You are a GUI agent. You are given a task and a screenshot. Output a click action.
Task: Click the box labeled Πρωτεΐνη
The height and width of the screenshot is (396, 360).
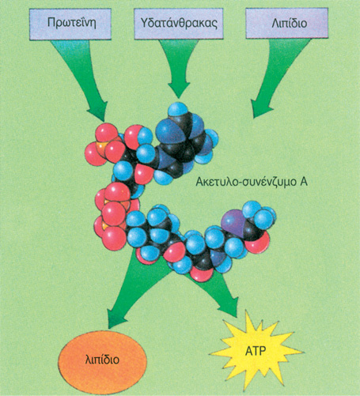pos(70,24)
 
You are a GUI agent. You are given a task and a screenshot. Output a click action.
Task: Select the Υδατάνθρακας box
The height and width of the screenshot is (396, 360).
pos(179,24)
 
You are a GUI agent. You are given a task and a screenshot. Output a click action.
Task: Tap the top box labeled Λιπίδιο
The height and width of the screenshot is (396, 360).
pos(287,23)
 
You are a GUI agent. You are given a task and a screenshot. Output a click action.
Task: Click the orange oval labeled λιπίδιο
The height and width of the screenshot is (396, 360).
pos(102,360)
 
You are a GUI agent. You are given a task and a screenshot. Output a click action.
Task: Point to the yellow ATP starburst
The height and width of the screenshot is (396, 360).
pos(256,351)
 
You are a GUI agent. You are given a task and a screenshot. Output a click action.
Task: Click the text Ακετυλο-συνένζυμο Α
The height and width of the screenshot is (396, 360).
pos(252,182)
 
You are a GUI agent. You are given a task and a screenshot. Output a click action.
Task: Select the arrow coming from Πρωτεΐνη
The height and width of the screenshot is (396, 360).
pos(79,77)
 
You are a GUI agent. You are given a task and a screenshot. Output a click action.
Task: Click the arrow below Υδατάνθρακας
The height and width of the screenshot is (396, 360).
pos(179,66)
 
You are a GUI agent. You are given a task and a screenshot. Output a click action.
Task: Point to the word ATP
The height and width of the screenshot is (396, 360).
pos(256,351)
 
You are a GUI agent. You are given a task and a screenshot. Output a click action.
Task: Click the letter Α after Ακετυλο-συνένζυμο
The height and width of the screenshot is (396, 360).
pos(304,182)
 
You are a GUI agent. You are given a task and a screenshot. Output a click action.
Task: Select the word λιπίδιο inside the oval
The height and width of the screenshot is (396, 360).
pos(102,360)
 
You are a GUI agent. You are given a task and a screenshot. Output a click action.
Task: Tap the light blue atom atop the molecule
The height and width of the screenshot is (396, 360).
pos(178,109)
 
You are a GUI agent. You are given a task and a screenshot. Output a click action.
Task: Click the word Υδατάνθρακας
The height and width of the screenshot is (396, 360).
pos(179,23)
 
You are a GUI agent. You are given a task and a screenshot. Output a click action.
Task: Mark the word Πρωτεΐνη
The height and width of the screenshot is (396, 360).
pos(71,23)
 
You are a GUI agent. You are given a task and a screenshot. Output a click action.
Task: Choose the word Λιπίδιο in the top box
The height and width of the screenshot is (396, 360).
pos(290,23)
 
